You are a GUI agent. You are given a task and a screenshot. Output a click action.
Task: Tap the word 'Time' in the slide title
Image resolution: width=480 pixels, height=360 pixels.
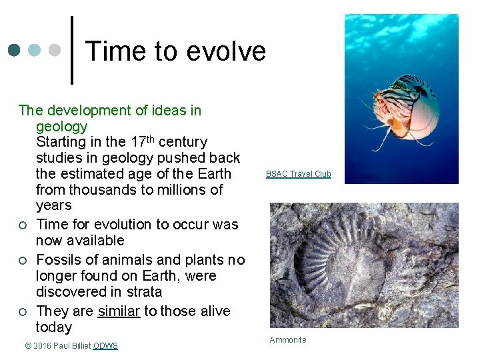(x=112, y=51)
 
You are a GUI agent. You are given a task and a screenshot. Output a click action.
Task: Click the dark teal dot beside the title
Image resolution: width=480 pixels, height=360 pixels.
(x=15, y=50)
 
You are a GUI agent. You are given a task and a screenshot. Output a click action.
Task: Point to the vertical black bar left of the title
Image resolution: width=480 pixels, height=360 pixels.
(x=71, y=51)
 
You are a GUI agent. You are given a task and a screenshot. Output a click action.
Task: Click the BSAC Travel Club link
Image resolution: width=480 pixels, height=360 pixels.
(x=298, y=174)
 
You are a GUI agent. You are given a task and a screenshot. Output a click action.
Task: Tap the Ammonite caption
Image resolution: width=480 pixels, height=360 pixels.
(x=288, y=340)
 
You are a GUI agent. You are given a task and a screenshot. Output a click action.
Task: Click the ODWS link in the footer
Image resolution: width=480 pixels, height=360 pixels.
(x=105, y=345)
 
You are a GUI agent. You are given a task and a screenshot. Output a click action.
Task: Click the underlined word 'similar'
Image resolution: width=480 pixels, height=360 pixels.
(x=119, y=311)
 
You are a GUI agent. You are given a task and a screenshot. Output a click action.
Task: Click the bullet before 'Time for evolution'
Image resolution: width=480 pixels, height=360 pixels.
(x=22, y=225)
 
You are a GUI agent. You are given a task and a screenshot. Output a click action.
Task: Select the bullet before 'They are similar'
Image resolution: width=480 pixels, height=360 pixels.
(x=22, y=311)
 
